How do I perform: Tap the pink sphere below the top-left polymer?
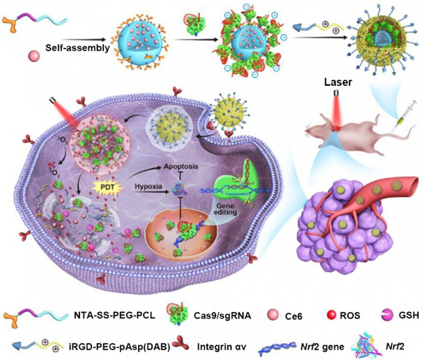pos(35,52)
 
